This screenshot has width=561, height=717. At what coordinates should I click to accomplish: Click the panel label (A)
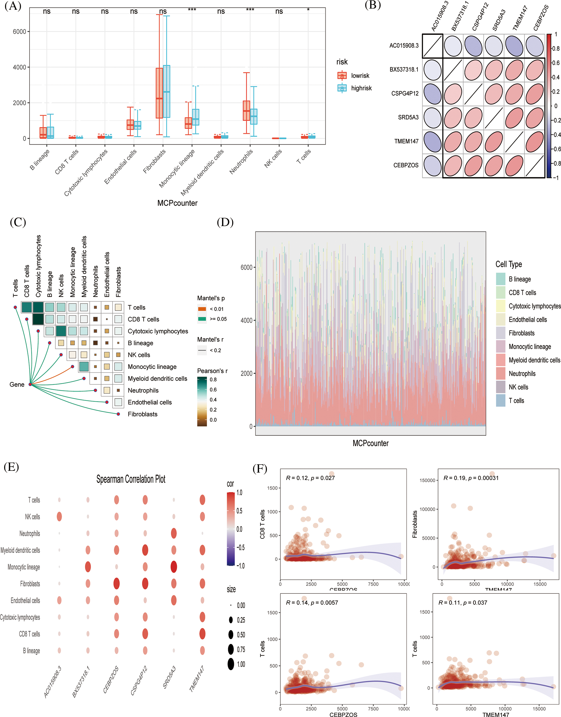tap(13, 6)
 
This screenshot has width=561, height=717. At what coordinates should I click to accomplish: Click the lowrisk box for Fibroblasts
tap(159, 93)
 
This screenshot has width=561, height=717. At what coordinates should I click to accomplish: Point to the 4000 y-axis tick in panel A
tap(19, 67)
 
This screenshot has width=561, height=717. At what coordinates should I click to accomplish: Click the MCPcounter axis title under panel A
tap(177, 203)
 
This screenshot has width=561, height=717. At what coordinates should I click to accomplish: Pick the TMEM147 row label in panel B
tap(406, 141)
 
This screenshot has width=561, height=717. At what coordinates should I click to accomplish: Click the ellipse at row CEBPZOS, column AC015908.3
tap(433, 166)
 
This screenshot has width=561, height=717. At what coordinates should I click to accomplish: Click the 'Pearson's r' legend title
tap(212, 371)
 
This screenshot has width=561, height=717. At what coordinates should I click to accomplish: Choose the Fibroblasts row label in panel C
tap(143, 414)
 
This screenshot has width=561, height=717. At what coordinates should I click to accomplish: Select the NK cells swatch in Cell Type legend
tap(500, 387)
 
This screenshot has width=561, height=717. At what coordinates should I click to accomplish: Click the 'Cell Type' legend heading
tap(508, 264)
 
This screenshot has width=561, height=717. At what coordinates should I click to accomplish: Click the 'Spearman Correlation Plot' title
tap(131, 479)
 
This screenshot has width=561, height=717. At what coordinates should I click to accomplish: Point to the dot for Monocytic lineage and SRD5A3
tap(174, 567)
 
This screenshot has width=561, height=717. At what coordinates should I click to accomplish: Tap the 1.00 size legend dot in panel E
tap(231, 664)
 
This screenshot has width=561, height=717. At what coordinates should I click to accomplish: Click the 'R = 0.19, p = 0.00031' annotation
tap(471, 478)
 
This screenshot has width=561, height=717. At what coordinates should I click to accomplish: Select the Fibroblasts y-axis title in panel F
tap(415, 524)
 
